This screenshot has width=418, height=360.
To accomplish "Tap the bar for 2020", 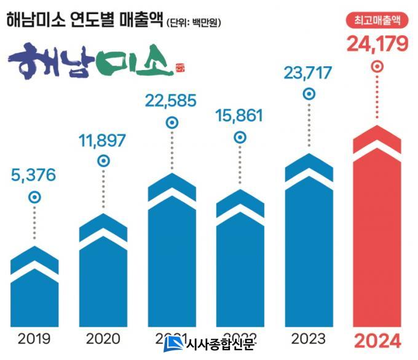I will coord(103,276).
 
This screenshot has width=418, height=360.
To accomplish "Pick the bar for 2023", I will coord(309,246).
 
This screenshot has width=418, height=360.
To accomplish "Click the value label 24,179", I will coord(377,44).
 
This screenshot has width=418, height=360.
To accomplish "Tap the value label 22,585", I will coord(172,100).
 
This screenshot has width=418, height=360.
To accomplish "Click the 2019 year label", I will coord(34,338).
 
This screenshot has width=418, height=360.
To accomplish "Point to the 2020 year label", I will coord(103,338).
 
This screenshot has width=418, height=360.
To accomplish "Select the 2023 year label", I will coord(309,338).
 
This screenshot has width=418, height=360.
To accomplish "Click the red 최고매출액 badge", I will coord(377,20).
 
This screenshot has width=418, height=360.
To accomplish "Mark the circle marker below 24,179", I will coord(377,65).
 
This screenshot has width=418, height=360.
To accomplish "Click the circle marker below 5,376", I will coord(34,197).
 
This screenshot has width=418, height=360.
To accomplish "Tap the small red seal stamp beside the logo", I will coord(180,67).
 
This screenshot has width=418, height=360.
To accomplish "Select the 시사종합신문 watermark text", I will coord(219,345).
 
